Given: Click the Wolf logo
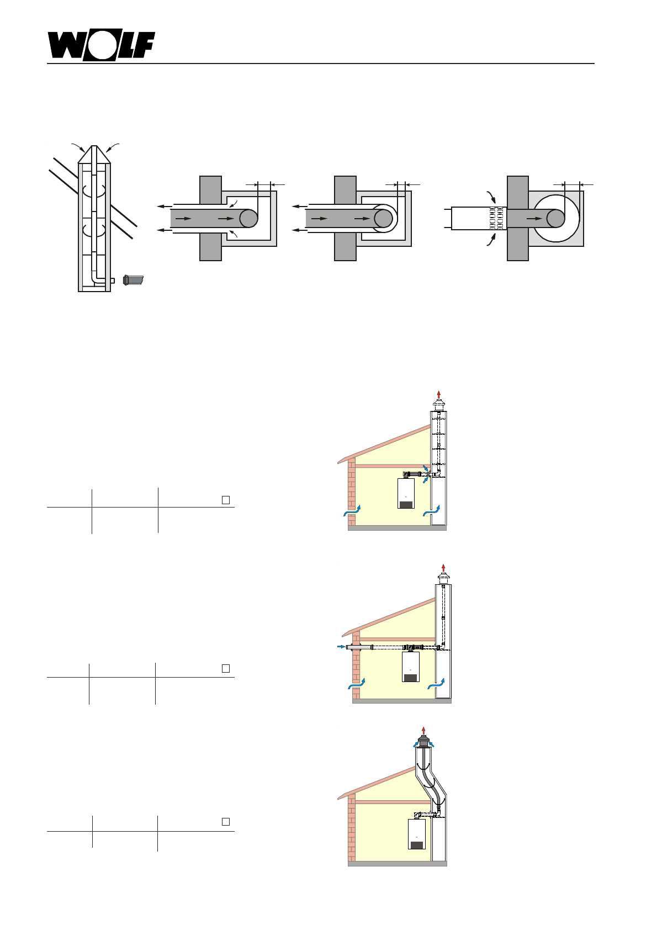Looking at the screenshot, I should point(100,45).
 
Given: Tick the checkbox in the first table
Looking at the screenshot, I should point(226,500).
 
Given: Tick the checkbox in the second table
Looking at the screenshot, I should point(226,668).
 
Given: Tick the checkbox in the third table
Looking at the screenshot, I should point(226,822).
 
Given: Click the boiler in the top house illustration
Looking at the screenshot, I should point(406,493).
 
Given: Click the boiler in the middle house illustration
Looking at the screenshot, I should point(410,667).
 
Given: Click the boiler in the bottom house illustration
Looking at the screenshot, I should point(416,834).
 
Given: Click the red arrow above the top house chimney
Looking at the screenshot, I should point(439,394).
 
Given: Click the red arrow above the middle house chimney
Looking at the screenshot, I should point(443,568).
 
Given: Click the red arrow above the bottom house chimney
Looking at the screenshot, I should point(423,730).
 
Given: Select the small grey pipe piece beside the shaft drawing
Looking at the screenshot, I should point(133,280).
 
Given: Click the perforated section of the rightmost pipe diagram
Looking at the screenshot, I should point(497,218).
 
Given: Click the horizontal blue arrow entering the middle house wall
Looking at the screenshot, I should point(340,646).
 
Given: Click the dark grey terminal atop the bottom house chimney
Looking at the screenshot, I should point(423,741).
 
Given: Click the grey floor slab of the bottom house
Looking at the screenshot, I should point(397,863).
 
